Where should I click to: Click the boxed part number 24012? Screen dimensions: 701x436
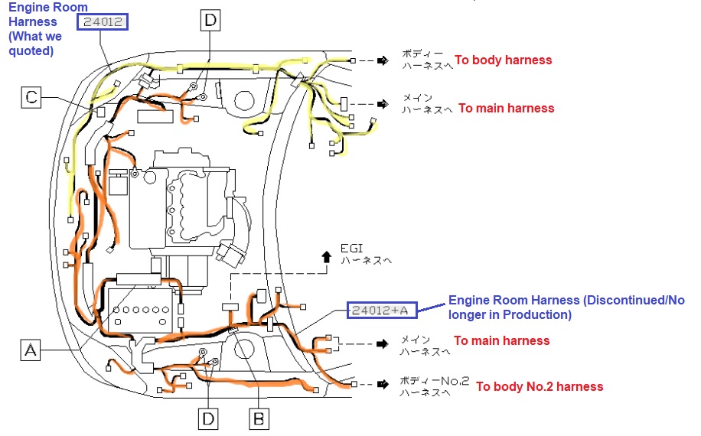pos(103,22)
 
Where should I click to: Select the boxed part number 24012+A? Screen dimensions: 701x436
pos(382,310)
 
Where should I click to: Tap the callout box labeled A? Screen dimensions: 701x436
pos(31,350)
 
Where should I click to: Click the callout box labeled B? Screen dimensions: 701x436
pos(259,419)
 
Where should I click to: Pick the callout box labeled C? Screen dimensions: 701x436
pos(31,97)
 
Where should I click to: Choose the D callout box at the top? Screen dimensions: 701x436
pos(210,21)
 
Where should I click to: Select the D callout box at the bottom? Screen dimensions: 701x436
pos(208,419)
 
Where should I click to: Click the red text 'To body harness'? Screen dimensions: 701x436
pos(504,60)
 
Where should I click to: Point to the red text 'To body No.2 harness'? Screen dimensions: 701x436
pos(540,386)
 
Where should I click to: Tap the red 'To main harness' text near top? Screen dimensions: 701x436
pos(507,108)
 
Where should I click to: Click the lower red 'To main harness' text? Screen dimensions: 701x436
pos(501,340)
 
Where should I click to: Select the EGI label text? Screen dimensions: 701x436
pos(351,249)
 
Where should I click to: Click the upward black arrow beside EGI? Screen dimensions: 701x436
pos(327,257)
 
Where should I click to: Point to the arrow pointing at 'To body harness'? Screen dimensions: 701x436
pos(383,60)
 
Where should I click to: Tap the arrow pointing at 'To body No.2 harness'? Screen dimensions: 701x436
pos(383,384)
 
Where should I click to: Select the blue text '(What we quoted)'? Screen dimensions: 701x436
pos(35,44)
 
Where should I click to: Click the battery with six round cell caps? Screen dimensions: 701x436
pos(140,311)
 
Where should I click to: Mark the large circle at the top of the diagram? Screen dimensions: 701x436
pos(245,100)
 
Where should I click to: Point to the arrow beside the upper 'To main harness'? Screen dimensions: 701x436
pos(383,104)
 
